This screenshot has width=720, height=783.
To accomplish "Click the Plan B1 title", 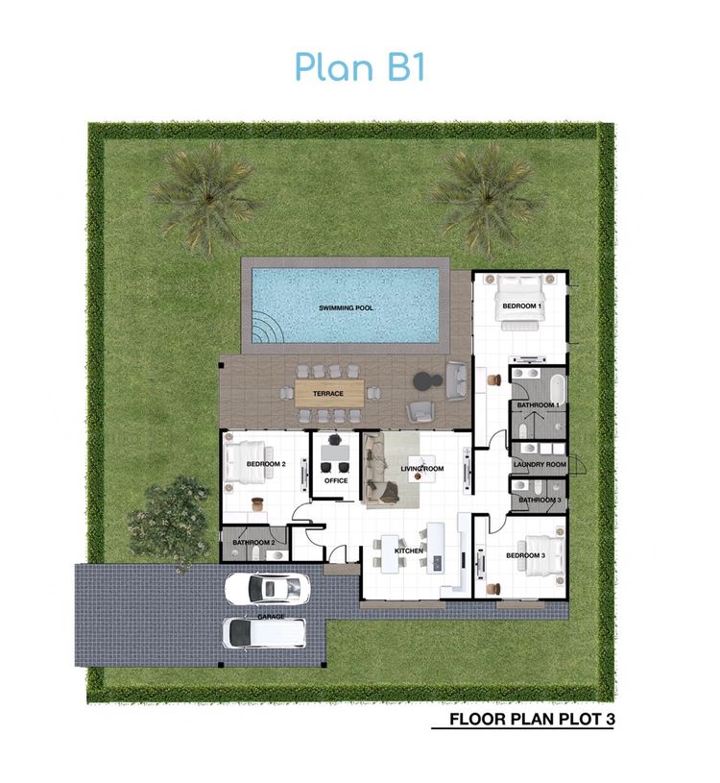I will pyautogui.click(x=359, y=67).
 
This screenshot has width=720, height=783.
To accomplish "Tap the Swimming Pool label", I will pyautogui.click(x=346, y=308).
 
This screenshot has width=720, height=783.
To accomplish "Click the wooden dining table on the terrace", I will pyautogui.click(x=331, y=392).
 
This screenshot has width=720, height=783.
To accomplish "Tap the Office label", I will pyautogui.click(x=336, y=479).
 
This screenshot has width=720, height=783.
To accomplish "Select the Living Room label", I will pyautogui.click(x=422, y=469).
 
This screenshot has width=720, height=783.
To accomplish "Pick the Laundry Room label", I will pyautogui.click(x=540, y=465).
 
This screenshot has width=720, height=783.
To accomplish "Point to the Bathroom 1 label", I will pyautogui.click(x=538, y=405).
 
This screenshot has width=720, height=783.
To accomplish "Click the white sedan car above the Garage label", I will pyautogui.click(x=268, y=586).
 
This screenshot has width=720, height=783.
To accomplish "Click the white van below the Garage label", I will pyautogui.click(x=264, y=632).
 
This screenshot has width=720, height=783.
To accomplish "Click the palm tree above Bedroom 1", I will pyautogui.click(x=487, y=197).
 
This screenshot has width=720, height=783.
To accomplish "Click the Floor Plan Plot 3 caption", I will pyautogui.click(x=531, y=718).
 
